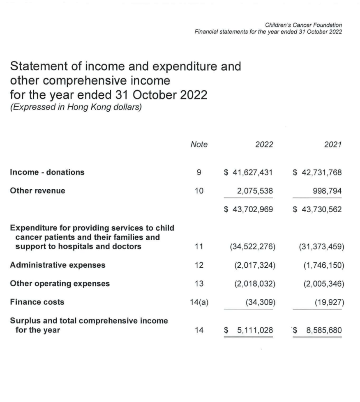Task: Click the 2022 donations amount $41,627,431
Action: [x=248, y=172]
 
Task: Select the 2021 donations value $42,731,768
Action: [x=317, y=172]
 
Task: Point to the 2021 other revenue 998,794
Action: [x=327, y=191]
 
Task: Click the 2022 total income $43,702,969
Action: [x=248, y=209]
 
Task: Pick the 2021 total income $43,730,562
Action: [x=317, y=209]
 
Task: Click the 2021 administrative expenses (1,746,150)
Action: [x=323, y=265]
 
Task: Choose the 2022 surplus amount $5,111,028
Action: [x=248, y=329]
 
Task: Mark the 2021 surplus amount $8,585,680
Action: [x=317, y=329]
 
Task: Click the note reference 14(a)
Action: [x=199, y=302]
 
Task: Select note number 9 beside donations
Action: [x=199, y=172]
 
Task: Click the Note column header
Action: [x=199, y=145]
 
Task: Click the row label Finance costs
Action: [x=37, y=302]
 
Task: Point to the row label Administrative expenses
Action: [x=58, y=265]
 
